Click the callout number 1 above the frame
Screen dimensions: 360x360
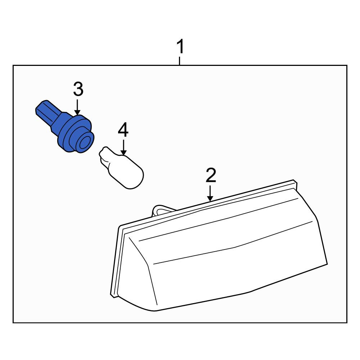coord(180,46)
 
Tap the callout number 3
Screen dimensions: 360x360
coord(78,89)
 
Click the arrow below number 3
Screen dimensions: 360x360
coord(78,107)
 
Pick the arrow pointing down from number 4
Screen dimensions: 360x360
coord(123,147)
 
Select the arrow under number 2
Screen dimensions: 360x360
coord(210,193)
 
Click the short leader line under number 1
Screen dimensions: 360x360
coord(180,61)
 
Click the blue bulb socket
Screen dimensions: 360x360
coord(65,127)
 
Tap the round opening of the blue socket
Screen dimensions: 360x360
coord(85,143)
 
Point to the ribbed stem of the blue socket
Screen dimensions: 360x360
coord(48,112)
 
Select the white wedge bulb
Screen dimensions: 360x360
coord(121,168)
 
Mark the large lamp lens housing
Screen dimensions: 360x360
coord(219,246)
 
